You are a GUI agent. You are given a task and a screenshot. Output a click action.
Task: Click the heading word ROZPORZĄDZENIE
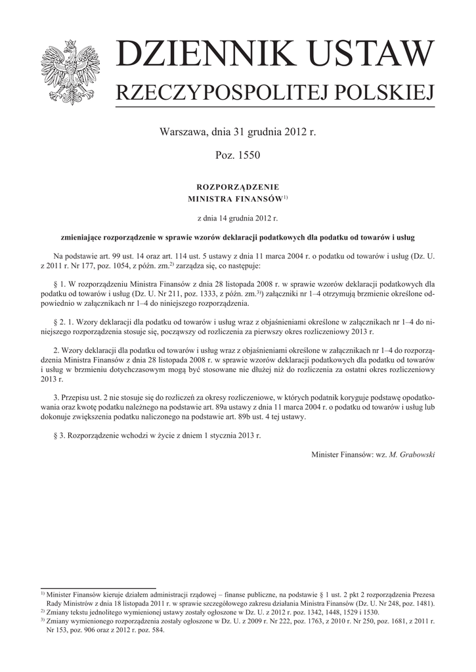click(x=238, y=186)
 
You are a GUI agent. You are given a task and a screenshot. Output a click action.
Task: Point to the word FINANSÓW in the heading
click(x=255, y=198)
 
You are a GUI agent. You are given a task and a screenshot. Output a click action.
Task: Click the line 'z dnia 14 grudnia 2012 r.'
click(x=238, y=217)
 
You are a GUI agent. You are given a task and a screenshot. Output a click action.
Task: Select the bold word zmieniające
click(x=79, y=236)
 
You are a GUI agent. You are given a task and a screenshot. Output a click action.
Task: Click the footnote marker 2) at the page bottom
click(x=43, y=611)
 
